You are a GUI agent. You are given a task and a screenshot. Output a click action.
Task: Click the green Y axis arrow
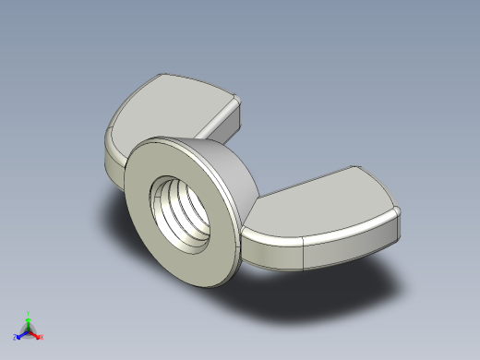tap(28, 319)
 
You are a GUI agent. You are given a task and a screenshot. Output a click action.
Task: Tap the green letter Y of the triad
tap(28, 313)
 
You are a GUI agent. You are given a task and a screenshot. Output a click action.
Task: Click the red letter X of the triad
tap(42, 337)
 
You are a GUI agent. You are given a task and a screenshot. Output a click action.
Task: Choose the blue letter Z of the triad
tap(15, 337)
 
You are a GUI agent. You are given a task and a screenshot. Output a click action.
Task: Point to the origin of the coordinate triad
tap(28, 330)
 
